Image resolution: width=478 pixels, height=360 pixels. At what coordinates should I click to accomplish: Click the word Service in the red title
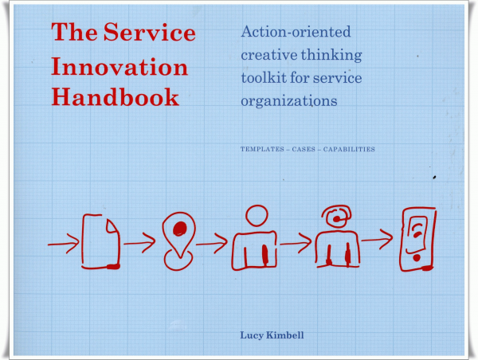tap(150, 32)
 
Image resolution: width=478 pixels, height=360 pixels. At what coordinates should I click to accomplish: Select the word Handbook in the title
tap(116, 96)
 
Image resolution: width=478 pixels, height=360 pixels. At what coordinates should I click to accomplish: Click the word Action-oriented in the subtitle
tap(296, 31)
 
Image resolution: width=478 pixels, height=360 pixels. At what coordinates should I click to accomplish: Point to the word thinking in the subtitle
tap(331, 55)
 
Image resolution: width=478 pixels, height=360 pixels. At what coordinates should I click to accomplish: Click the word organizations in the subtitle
tap(289, 101)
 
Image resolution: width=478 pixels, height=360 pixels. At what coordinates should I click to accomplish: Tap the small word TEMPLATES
tap(262, 149)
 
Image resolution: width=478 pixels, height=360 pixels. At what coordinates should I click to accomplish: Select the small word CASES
tap(304, 149)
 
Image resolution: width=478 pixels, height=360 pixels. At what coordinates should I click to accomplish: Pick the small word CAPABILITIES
tap(349, 149)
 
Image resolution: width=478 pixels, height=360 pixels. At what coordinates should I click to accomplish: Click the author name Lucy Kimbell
tap(272, 335)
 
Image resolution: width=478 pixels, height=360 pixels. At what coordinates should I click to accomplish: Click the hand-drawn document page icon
tap(100, 241)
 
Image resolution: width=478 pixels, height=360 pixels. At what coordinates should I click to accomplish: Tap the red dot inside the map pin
tap(179, 229)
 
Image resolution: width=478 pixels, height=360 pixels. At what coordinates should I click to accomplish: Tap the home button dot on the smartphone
tap(417, 258)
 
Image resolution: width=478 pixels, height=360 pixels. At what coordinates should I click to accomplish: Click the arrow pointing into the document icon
tap(64, 244)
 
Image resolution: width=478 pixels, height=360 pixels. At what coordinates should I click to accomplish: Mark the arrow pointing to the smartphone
tap(377, 240)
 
